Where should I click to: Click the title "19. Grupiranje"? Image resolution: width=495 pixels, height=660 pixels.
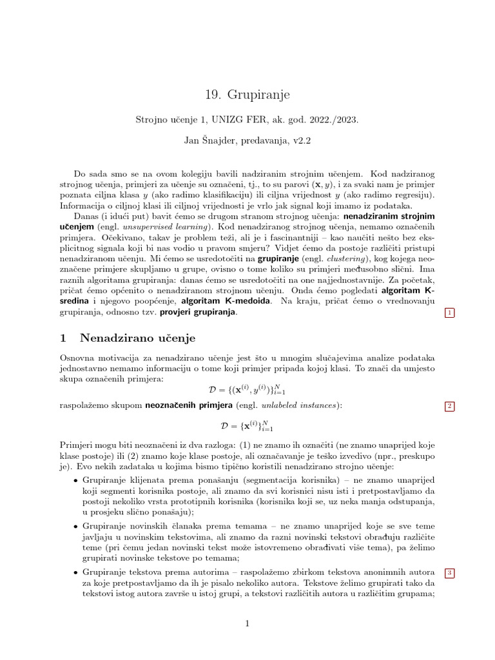pyautogui.click(x=247, y=95)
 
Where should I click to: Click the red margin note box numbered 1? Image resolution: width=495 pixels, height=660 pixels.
pyautogui.click(x=450, y=313)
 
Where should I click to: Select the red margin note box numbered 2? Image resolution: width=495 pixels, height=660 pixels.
pyautogui.click(x=450, y=406)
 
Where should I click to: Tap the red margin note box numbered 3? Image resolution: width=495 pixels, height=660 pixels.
pyautogui.click(x=450, y=573)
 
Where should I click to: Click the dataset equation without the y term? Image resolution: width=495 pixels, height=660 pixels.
pyautogui.click(x=247, y=426)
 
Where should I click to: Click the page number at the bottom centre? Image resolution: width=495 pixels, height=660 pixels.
pyautogui.click(x=247, y=623)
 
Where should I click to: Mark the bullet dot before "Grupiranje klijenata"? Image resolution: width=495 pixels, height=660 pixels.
pyautogui.click(x=75, y=481)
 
